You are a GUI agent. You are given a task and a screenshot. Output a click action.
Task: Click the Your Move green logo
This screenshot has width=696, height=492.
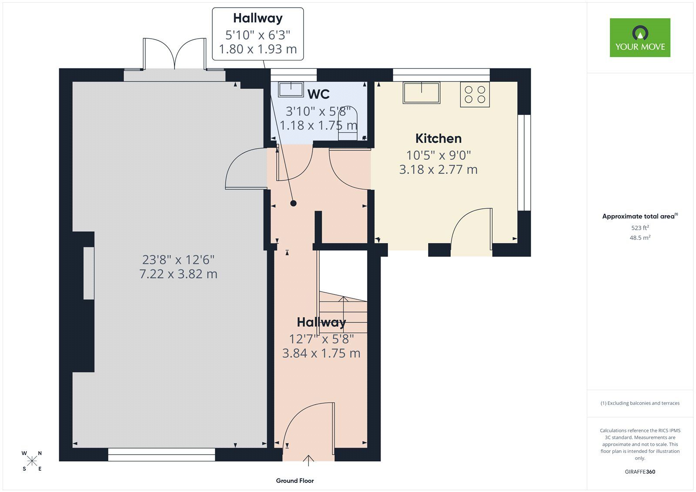(x=640, y=37)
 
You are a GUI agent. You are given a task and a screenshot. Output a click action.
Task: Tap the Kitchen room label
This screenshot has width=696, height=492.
(x=438, y=139)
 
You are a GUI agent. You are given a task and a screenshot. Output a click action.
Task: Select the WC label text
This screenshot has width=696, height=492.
(x=318, y=94)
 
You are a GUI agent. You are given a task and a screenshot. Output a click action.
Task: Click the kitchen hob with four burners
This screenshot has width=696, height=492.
(x=475, y=94)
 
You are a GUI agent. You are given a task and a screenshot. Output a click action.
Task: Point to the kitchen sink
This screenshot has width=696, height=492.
(x=422, y=92)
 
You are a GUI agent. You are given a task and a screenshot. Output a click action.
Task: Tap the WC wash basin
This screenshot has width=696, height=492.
(x=291, y=90)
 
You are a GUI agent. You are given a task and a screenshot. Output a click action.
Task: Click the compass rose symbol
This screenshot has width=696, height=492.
(x=32, y=461)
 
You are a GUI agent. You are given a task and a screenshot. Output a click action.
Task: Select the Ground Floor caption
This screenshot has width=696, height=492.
(x=295, y=481)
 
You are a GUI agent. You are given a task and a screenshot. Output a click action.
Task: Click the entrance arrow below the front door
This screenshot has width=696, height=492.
(x=308, y=461)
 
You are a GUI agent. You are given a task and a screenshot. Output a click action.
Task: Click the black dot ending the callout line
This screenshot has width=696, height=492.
(x=293, y=203)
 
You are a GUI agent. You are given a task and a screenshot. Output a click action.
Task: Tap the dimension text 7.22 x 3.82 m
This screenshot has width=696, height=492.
(x=178, y=274)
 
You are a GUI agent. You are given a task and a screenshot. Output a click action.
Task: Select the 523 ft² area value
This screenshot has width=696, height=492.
(x=640, y=228)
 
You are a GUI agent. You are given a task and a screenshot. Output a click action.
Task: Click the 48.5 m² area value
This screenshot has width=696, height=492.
(x=640, y=238)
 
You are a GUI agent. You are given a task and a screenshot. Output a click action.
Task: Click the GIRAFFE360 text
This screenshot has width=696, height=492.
(x=640, y=472)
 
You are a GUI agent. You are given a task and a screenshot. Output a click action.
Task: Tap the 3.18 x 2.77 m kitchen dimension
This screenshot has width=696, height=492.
(x=438, y=169)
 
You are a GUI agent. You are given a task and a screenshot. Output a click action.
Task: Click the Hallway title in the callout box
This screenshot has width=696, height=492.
(x=258, y=18)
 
